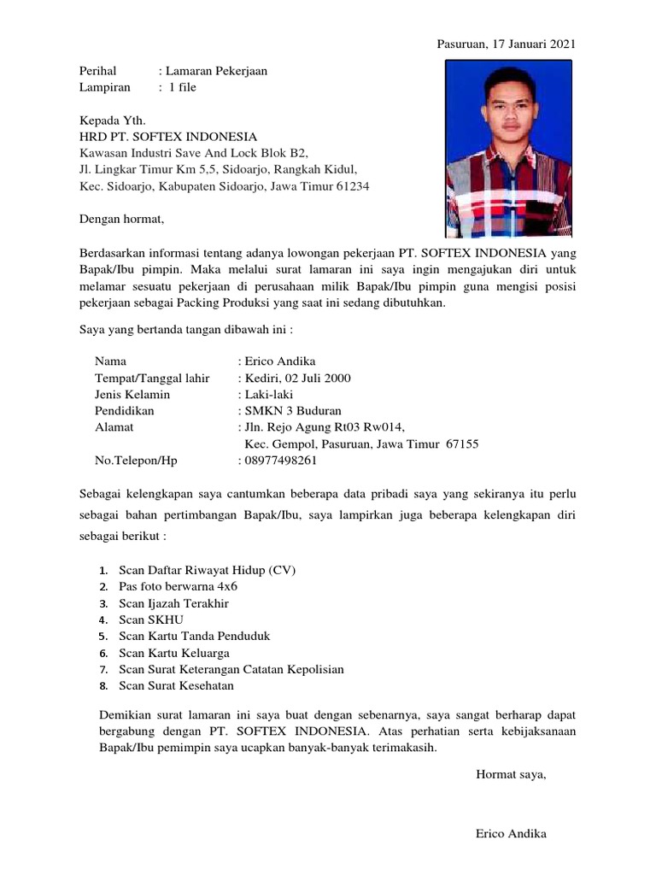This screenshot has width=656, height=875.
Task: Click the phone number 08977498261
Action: (x=280, y=461)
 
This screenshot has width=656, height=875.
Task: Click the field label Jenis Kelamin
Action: (x=132, y=395)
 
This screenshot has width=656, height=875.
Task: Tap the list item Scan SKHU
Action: (x=151, y=620)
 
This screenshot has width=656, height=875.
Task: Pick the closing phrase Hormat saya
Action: (x=510, y=775)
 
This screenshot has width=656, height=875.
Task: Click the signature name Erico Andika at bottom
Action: (x=511, y=834)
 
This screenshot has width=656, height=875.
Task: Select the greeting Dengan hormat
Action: (x=120, y=220)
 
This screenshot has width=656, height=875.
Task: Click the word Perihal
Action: (x=97, y=71)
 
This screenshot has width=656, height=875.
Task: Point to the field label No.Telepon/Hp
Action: (x=136, y=461)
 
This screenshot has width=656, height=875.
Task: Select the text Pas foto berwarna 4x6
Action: (x=178, y=587)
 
